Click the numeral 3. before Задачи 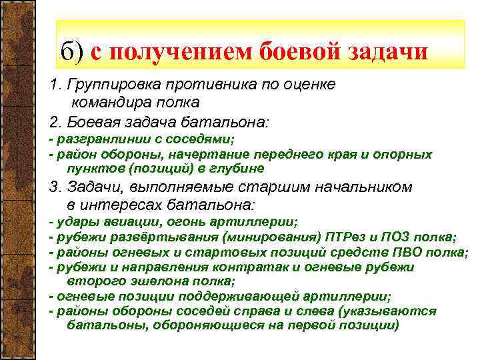(55, 188)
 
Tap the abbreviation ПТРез (346, 237)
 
